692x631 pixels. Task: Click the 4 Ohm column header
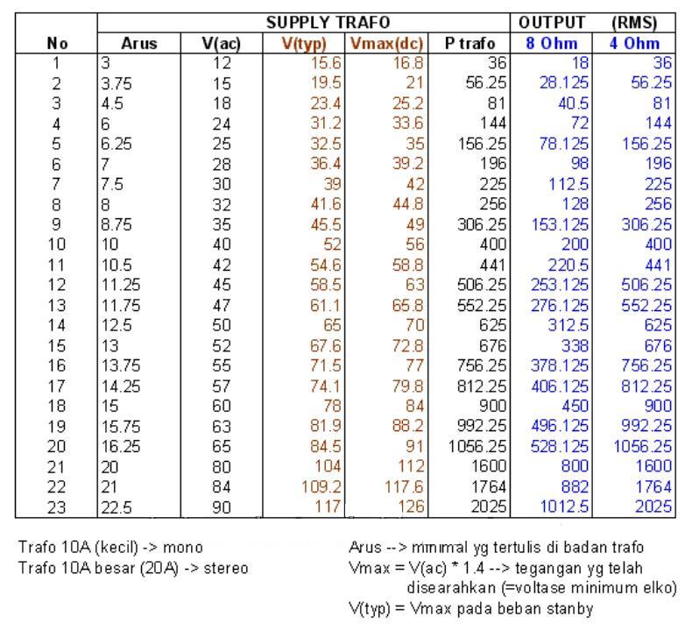click(634, 43)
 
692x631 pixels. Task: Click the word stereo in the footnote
click(226, 568)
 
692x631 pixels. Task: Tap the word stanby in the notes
click(573, 607)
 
